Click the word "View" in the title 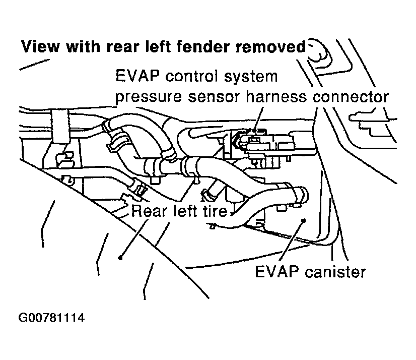coord(41,46)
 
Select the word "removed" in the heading coord(271,46)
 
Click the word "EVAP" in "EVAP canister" coord(276,272)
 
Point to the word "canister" coord(335,272)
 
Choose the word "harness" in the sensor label coord(276,96)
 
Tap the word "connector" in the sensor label coord(351,97)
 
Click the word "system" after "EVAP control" coord(251,77)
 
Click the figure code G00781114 coord(51,318)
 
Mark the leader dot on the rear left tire coord(120,258)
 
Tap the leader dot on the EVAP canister coord(304,220)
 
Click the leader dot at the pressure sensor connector coord(254,131)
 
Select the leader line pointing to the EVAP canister coord(292,240)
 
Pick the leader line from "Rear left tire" coord(134,239)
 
